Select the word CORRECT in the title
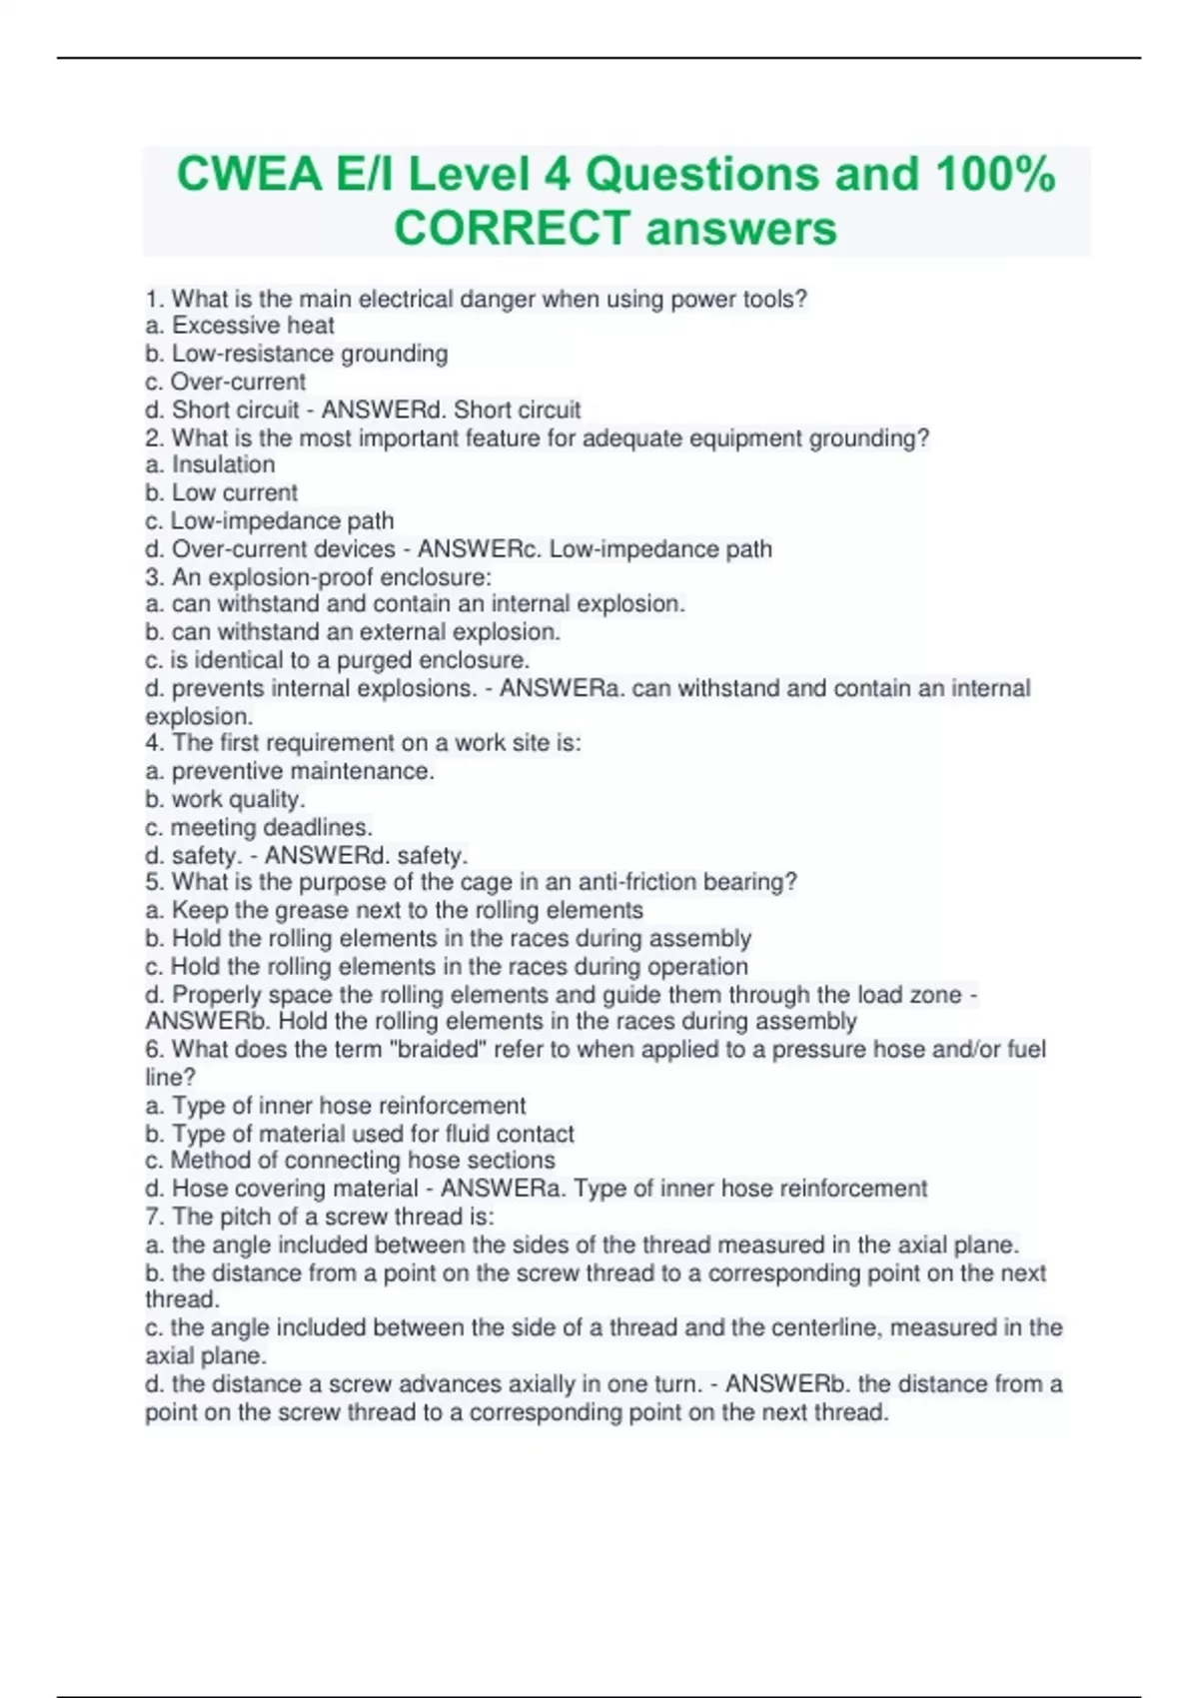coord(512,228)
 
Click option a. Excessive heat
coord(240,326)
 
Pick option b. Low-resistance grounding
coord(297,354)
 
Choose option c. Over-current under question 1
coord(226,382)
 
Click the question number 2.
coord(153,438)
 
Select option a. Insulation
coord(210,464)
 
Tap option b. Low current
coord(221,492)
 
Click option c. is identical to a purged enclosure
coord(338,660)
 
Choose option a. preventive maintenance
coord(290,771)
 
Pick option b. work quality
coord(225,799)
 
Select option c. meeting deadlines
coord(259,827)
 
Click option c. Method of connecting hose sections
coord(350,1161)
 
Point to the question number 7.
coord(153,1217)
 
